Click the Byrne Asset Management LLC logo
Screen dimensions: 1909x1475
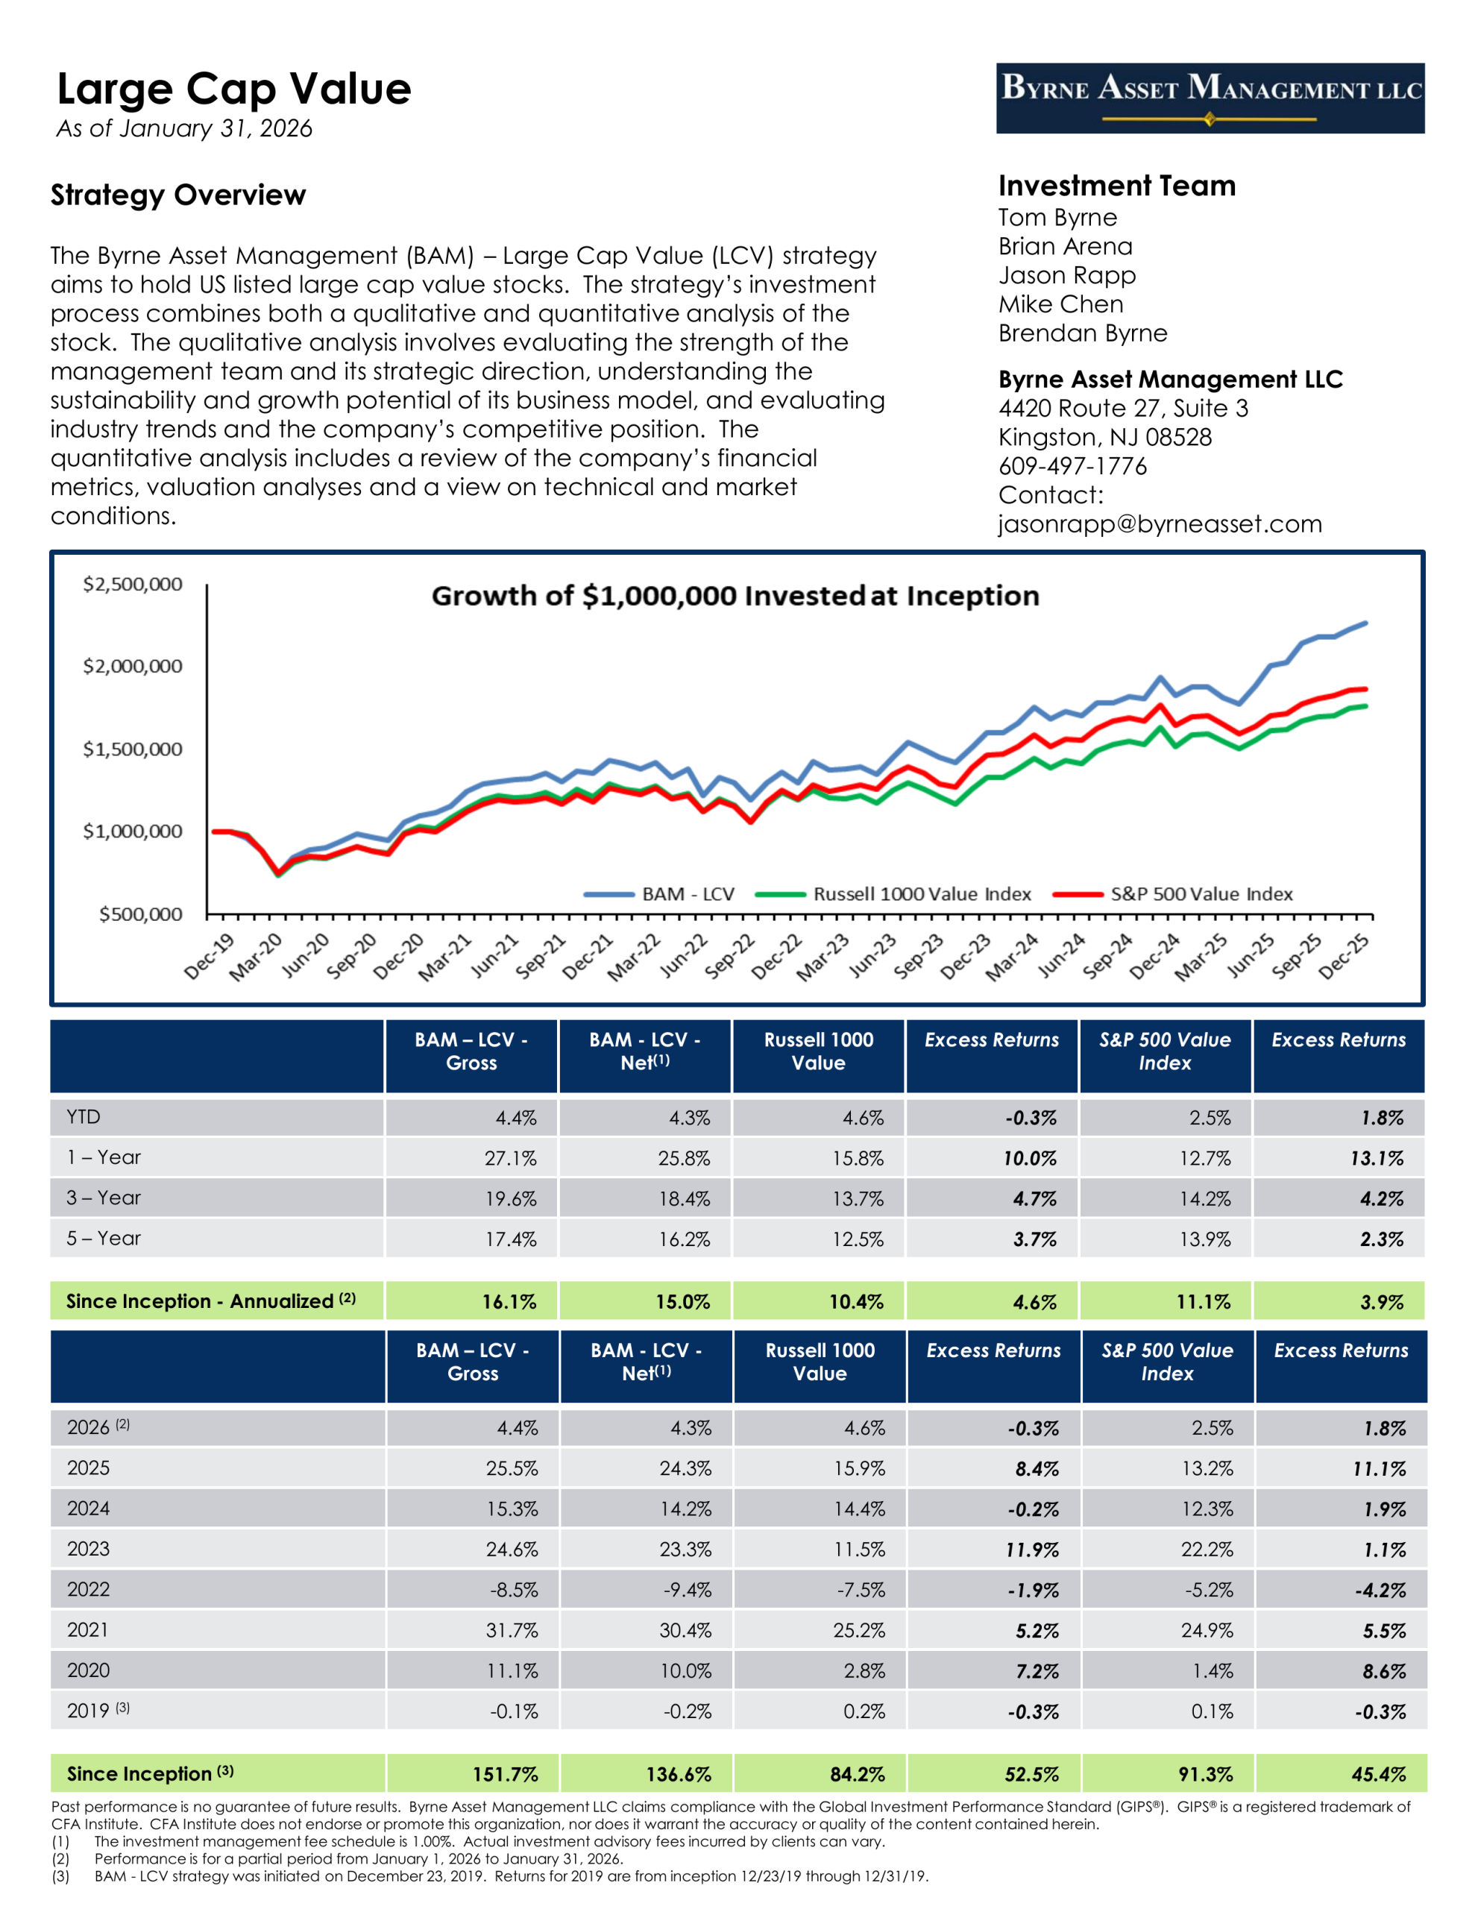1210,98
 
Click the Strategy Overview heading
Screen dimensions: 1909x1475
177,195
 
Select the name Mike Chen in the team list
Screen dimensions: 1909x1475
1060,304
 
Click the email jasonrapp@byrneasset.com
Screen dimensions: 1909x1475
1160,523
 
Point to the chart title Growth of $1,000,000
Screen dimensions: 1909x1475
735,596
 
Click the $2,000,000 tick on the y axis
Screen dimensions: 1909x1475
132,666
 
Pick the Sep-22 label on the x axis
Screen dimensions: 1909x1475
730,955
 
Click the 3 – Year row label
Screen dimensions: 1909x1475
103,1198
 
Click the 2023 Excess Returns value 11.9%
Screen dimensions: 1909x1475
1032,1550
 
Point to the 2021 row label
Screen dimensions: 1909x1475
87,1629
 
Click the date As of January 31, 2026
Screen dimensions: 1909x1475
183,128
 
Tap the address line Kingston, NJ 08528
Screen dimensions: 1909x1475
1104,437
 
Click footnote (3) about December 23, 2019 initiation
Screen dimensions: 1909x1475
510,1875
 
